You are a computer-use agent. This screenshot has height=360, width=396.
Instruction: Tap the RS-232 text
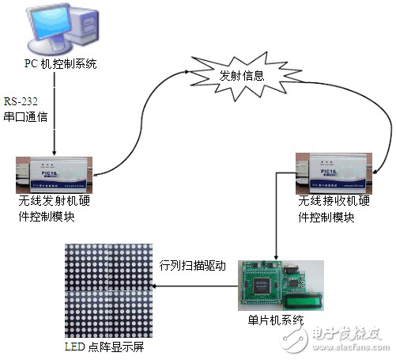point(21,101)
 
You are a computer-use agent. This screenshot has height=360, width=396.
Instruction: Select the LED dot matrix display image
point(107,293)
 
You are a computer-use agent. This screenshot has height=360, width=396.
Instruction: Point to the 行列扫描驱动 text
point(193,266)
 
